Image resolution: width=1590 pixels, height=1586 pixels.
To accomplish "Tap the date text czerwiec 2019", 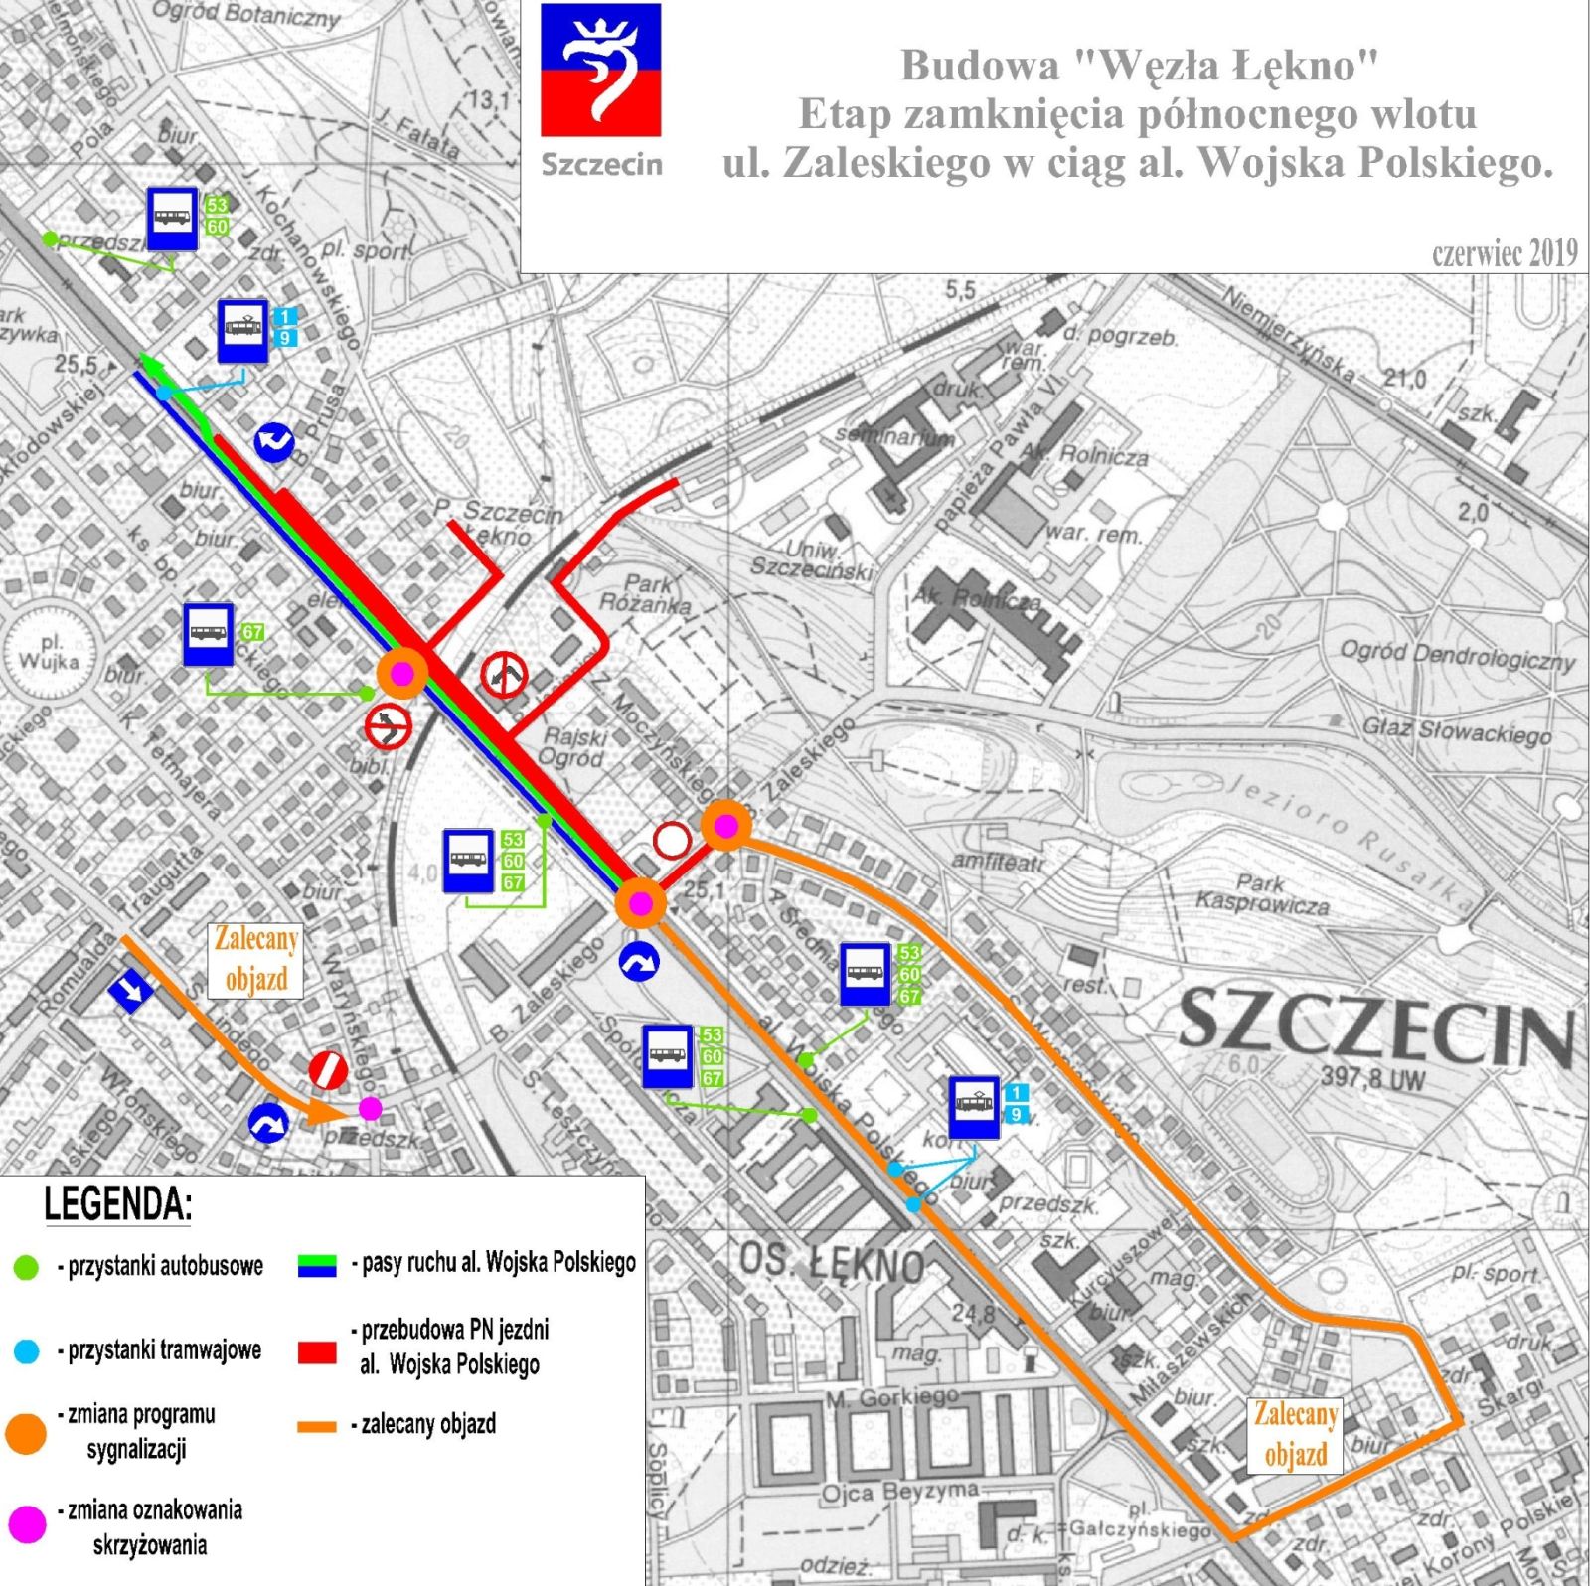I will (x=1504, y=253).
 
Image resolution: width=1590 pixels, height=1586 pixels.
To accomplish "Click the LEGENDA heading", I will (x=117, y=1204).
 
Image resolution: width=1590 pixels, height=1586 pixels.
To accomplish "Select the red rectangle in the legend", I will (x=317, y=1351).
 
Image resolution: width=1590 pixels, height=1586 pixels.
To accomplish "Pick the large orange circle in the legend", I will (x=26, y=1432).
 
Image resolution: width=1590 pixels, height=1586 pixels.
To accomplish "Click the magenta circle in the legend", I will (x=27, y=1523).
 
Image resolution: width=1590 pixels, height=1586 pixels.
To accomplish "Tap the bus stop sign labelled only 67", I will (x=209, y=634).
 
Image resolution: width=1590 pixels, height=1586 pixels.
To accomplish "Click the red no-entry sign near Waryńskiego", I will (x=328, y=1070).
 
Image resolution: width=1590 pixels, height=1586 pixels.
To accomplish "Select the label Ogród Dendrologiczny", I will (x=1457, y=655).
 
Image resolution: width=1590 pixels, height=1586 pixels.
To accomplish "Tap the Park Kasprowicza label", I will (x=1261, y=893).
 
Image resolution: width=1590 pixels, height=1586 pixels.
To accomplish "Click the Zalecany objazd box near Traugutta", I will (x=255, y=959).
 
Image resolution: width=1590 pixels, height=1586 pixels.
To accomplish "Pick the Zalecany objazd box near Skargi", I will (x=1295, y=1434).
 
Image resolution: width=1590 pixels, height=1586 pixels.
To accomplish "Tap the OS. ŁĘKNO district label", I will (x=831, y=1263).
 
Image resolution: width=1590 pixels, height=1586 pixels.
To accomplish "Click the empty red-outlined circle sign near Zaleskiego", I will (x=672, y=840).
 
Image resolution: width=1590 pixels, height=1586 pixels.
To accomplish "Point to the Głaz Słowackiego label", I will (x=1456, y=731).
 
